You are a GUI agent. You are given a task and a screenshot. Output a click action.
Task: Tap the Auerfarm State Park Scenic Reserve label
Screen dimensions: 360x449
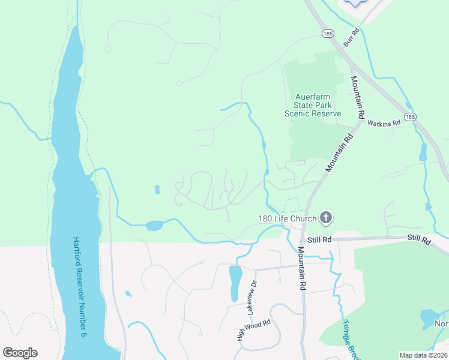pos(313,105)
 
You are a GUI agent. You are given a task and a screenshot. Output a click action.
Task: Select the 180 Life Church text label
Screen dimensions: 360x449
pos(287,218)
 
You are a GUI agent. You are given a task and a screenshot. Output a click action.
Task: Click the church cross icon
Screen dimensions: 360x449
pos(326,217)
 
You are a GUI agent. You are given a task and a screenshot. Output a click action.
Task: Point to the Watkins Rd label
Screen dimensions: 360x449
pos(384,122)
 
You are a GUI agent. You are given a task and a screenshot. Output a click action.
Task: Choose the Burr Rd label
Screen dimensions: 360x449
pos(351,37)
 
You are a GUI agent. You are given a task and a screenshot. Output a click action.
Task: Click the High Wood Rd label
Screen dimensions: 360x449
pos(254,331)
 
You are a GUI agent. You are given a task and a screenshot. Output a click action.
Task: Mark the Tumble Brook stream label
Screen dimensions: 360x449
pos(350,339)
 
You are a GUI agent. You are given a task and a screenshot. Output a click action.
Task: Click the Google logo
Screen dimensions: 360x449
pos(20,352)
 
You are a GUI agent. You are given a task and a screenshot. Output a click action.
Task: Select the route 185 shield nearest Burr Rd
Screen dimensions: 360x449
pos(328,32)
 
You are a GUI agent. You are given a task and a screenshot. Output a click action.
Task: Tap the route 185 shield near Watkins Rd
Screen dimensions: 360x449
pos(410,117)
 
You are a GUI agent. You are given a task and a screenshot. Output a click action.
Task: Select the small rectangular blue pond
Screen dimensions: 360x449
pos(157,190)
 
